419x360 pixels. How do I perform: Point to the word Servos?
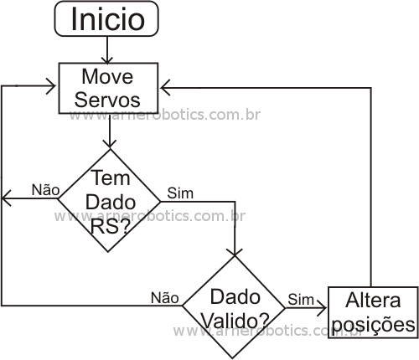tap(107, 100)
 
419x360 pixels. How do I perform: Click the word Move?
tap(107, 76)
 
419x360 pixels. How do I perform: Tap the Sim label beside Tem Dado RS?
tap(180, 193)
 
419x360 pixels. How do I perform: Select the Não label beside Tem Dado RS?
tap(45, 190)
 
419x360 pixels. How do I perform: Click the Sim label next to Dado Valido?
tap(301, 300)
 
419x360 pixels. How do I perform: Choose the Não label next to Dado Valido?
tap(165, 297)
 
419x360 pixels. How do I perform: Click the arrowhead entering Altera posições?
tap(322, 308)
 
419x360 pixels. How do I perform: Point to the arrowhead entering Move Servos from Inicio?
tap(107, 60)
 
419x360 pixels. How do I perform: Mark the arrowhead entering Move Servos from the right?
tap(165, 88)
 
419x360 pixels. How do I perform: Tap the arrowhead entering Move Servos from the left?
tap(51, 85)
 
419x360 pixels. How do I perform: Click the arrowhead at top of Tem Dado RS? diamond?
tap(110, 143)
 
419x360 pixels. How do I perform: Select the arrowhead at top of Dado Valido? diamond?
tap(235, 252)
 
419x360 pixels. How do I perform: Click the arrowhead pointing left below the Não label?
tap(6, 198)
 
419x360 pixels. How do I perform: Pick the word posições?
tap(374, 325)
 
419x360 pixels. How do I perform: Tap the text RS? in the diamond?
tap(111, 226)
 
